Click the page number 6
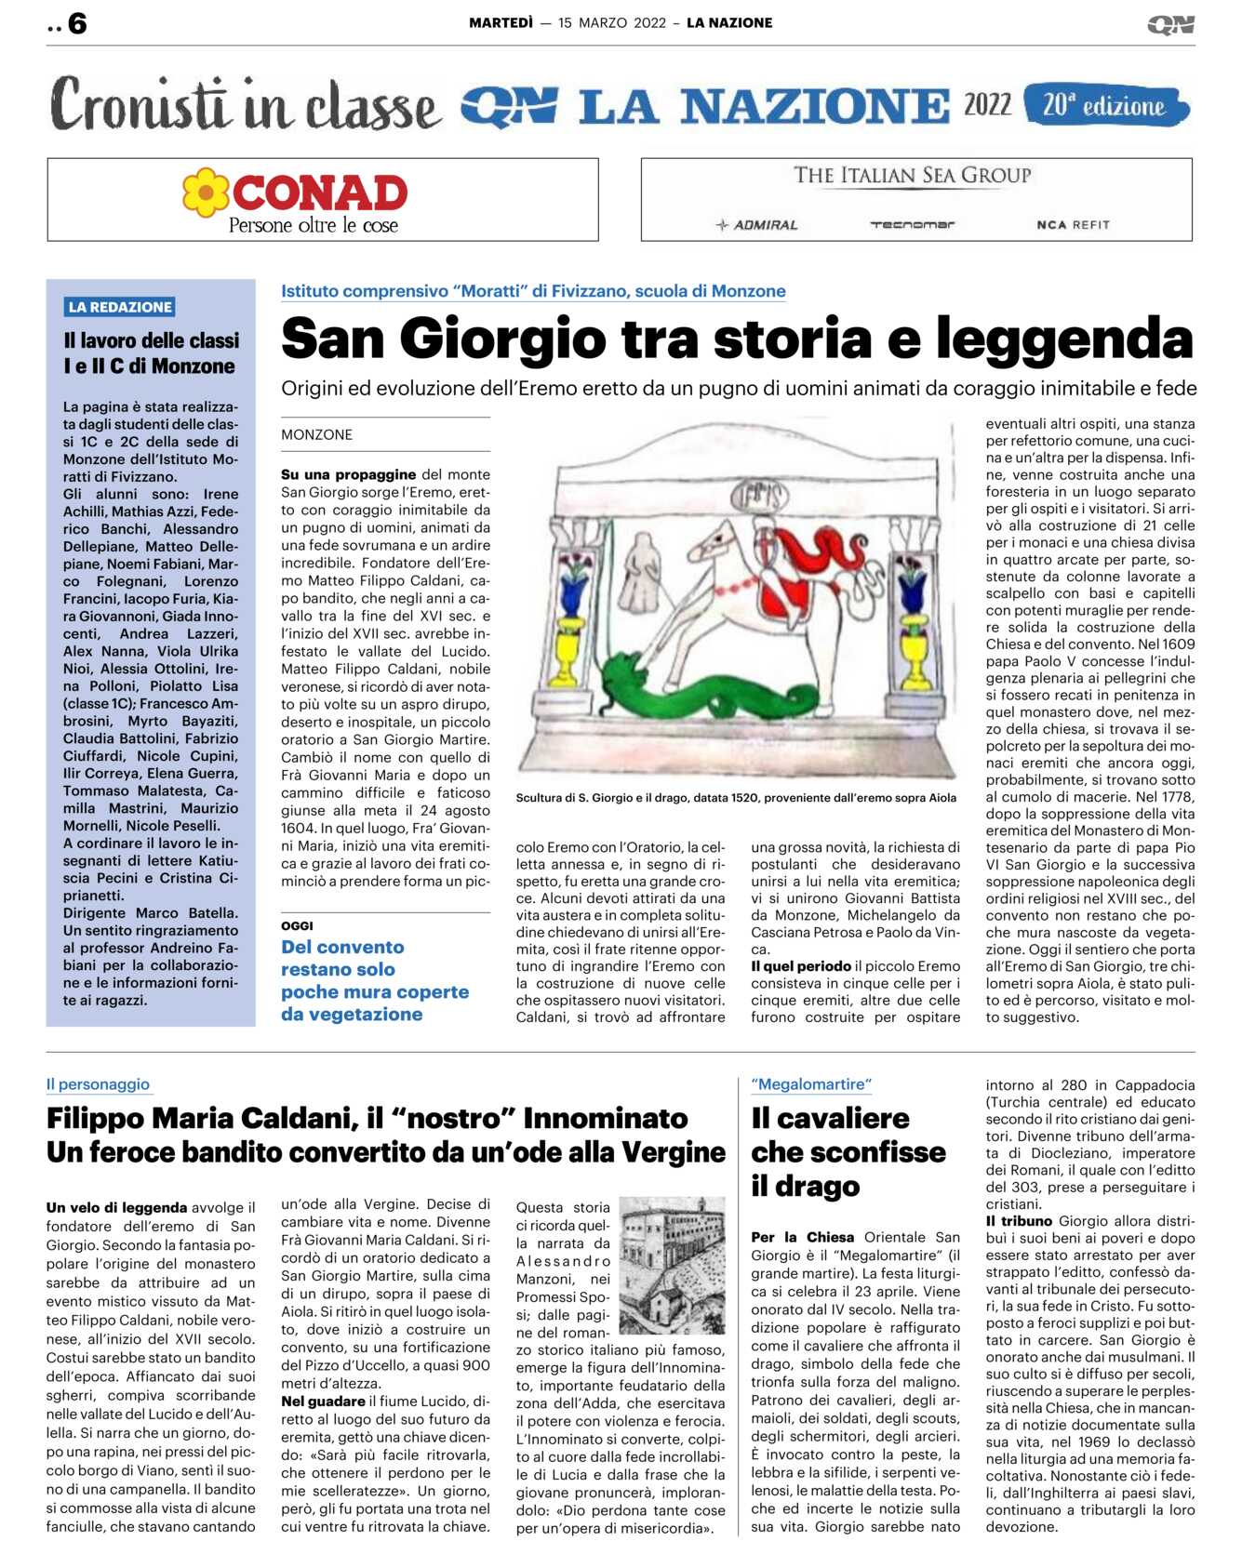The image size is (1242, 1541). pyautogui.click(x=77, y=23)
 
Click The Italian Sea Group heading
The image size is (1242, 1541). pyautogui.click(x=912, y=175)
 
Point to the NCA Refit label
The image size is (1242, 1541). pyautogui.click(x=1073, y=225)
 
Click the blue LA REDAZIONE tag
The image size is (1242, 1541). pyautogui.click(x=120, y=307)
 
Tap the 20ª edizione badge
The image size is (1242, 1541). pyautogui.click(x=1104, y=105)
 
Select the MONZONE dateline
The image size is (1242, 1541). pyautogui.click(x=316, y=434)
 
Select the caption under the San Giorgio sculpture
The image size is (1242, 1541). pyautogui.click(x=735, y=797)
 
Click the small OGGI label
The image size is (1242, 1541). pyautogui.click(x=297, y=925)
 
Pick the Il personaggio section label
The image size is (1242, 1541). pyautogui.click(x=98, y=1084)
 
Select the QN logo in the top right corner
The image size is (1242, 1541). pyautogui.click(x=1169, y=24)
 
